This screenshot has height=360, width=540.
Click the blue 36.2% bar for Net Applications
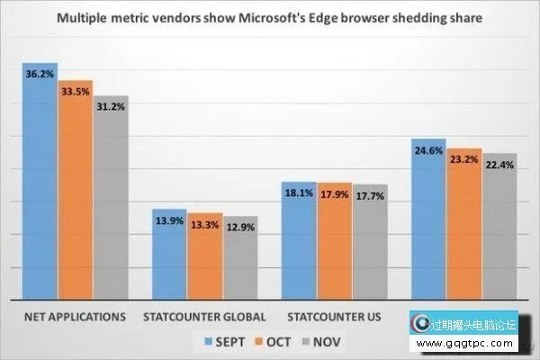point(40,180)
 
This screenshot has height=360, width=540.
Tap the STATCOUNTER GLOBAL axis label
point(205,318)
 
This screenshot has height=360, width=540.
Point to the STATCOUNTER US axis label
point(334,318)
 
